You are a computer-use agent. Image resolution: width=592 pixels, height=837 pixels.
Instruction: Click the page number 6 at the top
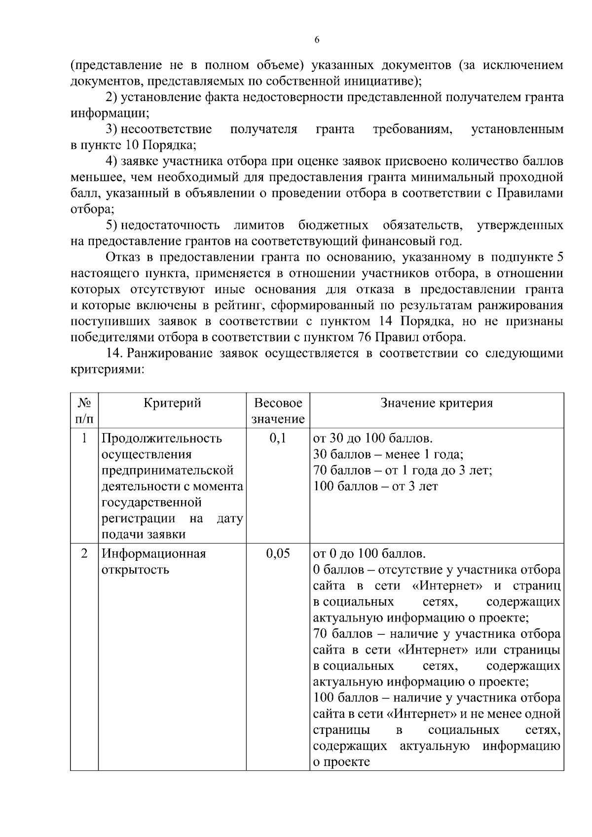point(317,40)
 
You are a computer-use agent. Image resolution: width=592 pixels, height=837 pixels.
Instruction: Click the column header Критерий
point(172,403)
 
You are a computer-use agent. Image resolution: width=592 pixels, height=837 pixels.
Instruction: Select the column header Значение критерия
point(437,403)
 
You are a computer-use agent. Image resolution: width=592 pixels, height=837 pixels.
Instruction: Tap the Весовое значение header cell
point(278,411)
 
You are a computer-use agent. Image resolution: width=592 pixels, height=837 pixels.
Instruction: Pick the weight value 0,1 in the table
point(278,438)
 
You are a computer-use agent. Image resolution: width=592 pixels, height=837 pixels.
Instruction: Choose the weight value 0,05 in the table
point(278,553)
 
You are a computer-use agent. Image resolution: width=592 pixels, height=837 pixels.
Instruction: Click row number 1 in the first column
point(84,438)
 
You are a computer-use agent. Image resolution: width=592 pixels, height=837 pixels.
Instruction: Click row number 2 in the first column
point(84,553)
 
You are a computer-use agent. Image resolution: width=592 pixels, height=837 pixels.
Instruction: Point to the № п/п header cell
point(84,411)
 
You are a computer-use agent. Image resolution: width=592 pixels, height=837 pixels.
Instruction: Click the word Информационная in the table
point(153,553)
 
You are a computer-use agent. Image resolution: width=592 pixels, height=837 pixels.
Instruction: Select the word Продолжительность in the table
point(162,438)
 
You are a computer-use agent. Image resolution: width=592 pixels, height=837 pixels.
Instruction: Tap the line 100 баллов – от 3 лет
point(375,486)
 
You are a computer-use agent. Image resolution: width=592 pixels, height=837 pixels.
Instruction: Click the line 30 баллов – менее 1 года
point(388,454)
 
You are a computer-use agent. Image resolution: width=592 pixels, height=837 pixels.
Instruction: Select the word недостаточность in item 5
point(170,225)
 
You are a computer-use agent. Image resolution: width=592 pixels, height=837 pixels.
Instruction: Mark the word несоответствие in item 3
point(166,129)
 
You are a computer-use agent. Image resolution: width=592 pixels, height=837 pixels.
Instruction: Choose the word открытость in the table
point(135,570)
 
